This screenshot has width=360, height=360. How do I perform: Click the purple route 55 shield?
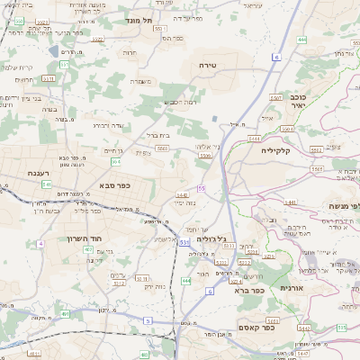coord(202,188)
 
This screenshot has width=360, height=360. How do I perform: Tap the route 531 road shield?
coord(184,242)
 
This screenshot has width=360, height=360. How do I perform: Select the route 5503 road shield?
coord(162,148)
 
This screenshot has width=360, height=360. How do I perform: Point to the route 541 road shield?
coord(46,184)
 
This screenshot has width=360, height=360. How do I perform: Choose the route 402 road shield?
coord(87,249)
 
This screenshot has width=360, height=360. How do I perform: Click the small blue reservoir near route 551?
coord(213,118)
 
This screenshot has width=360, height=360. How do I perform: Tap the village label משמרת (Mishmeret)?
coord(140,82)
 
